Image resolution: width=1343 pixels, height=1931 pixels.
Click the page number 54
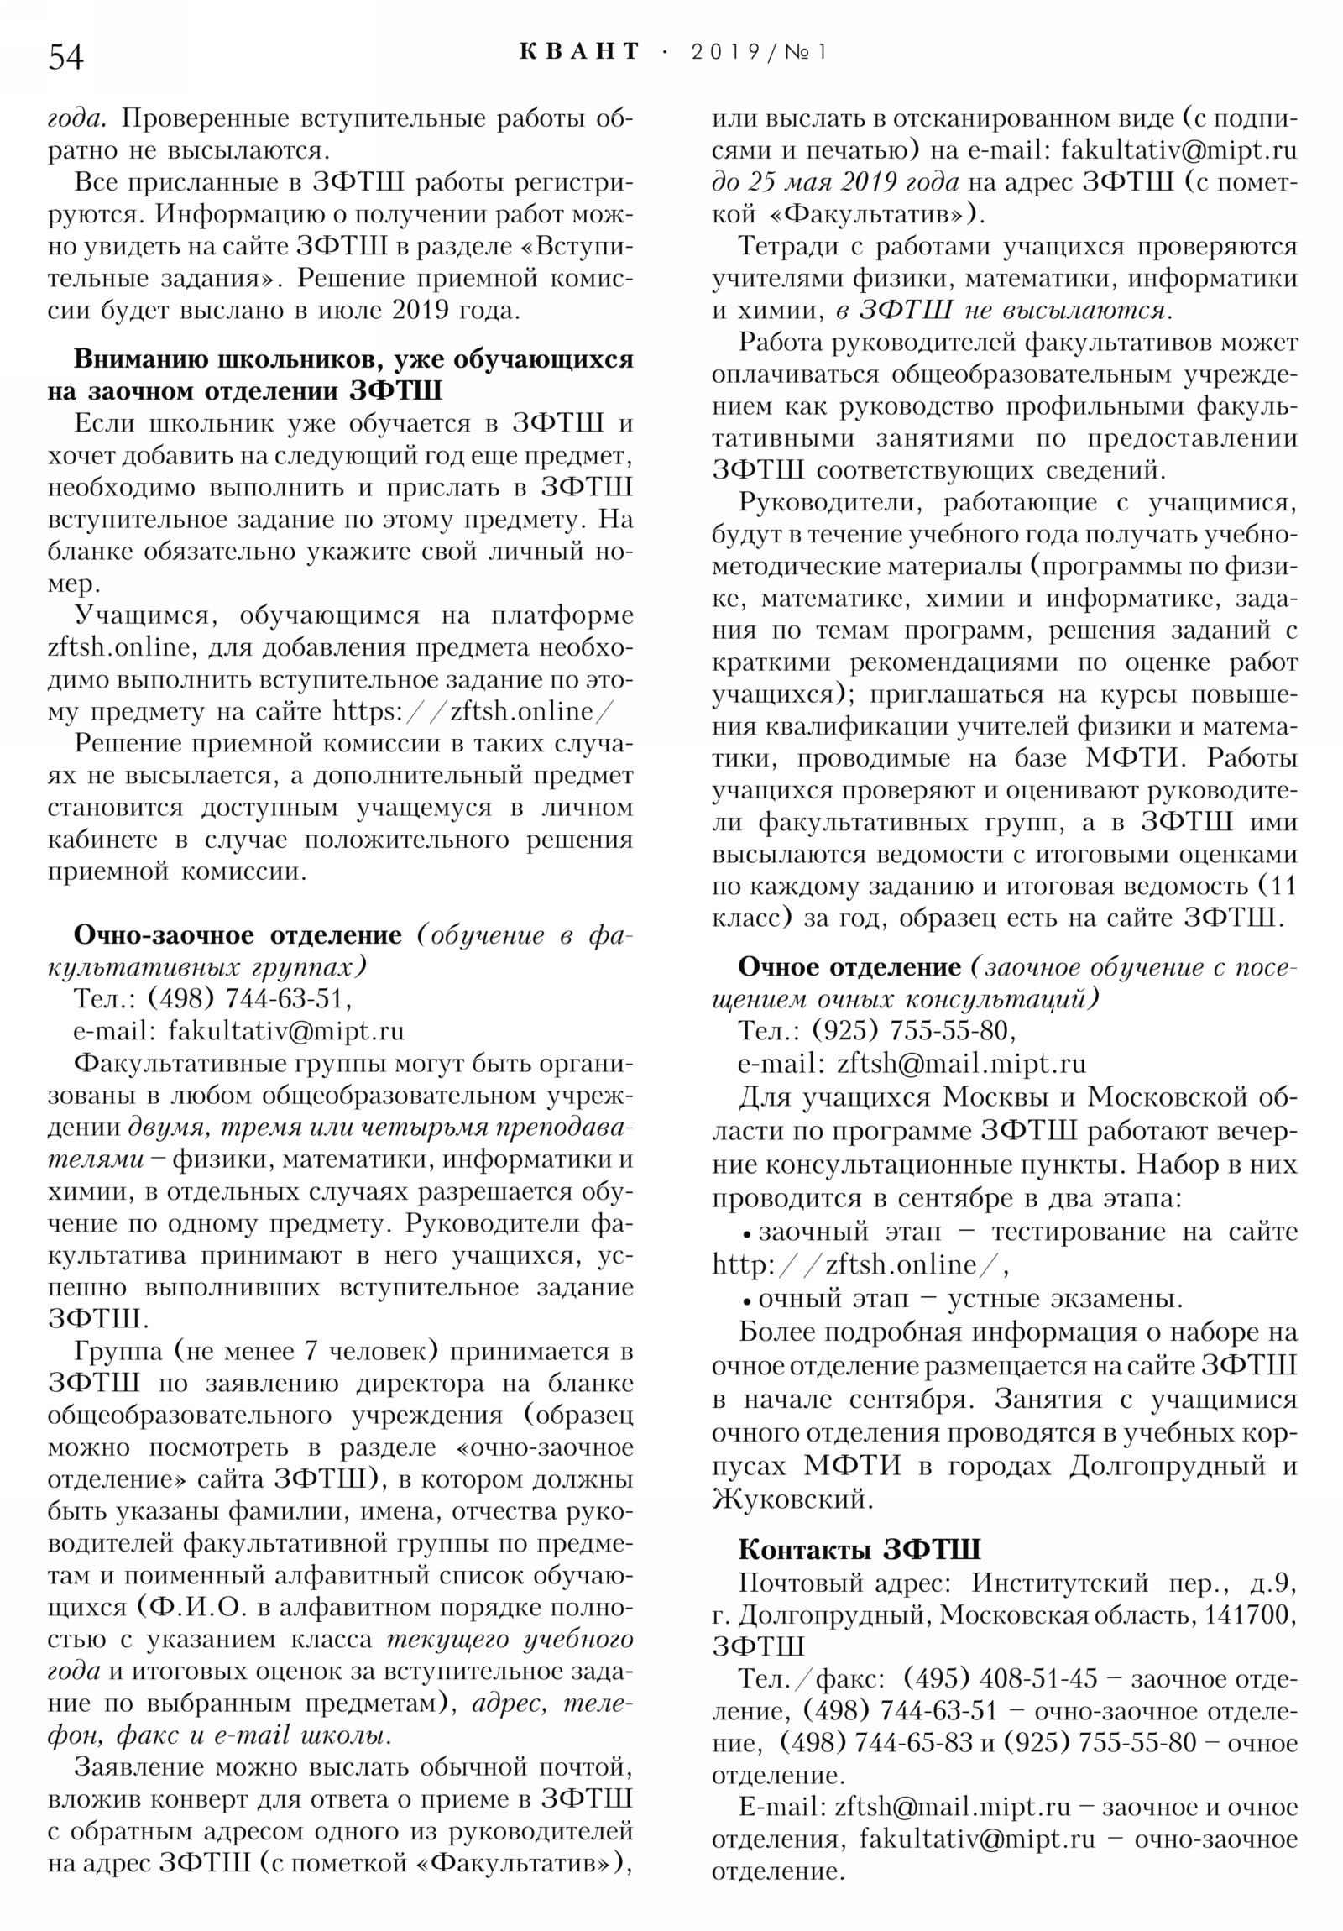(65, 56)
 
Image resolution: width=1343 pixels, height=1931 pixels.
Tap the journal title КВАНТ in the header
(579, 52)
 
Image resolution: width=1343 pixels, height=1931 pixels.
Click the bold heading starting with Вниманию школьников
(341, 374)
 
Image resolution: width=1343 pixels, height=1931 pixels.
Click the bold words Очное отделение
(849, 966)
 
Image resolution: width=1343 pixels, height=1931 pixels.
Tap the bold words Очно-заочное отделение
(238, 934)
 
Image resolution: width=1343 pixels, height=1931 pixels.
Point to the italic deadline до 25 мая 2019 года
(834, 182)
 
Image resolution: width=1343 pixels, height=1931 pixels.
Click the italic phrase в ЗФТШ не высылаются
(1000, 311)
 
